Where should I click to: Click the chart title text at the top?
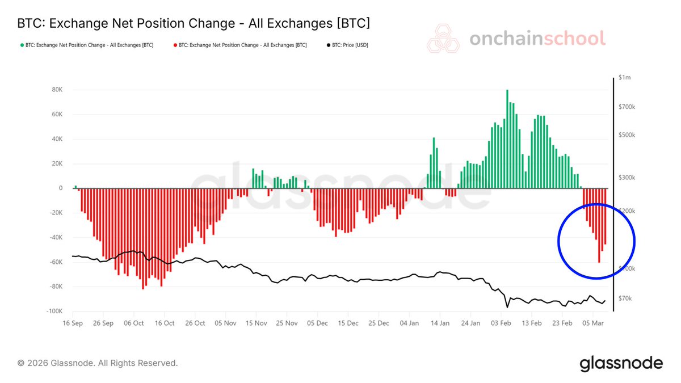pos(194,23)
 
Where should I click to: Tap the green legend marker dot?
pos(22,45)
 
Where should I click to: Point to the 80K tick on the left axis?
pos(56,90)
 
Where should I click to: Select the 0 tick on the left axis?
pos(61,188)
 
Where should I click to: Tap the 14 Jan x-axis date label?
pos(440,323)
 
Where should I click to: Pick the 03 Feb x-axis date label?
pos(501,323)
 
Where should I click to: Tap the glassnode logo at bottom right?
pos(621,363)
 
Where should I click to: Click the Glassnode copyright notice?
pos(98,363)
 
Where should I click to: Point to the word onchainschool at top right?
pos(537,39)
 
